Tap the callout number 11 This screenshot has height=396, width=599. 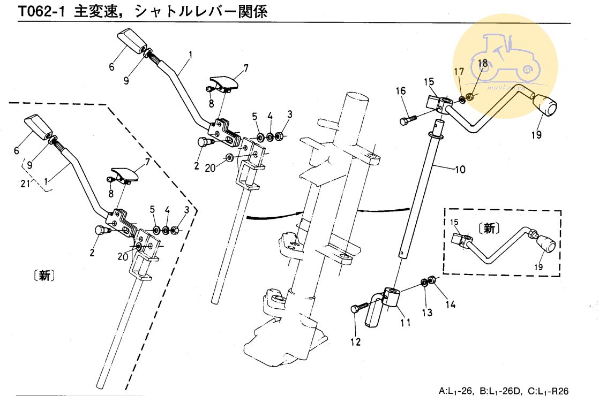tap(406, 323)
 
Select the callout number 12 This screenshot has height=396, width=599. tap(356, 341)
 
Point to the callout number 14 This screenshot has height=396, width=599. tap(450, 304)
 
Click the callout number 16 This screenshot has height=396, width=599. tap(401, 91)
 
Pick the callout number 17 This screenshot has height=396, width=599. tap(459, 72)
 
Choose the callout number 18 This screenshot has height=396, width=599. tap(483, 63)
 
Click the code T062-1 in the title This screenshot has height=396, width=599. tap(41, 11)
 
